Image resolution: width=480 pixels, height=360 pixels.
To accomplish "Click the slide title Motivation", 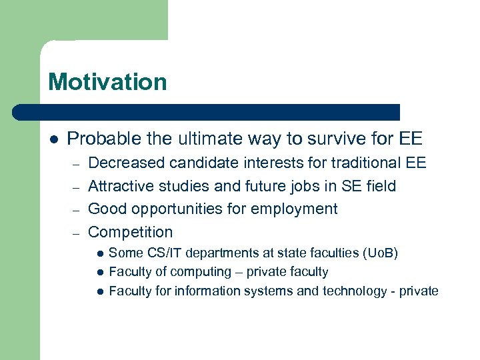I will [107, 82].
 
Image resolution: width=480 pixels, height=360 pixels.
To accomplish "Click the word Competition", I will [130, 232].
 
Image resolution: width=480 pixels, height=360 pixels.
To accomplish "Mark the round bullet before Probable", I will [54, 139].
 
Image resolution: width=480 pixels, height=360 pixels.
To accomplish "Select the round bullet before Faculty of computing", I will [99, 272].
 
